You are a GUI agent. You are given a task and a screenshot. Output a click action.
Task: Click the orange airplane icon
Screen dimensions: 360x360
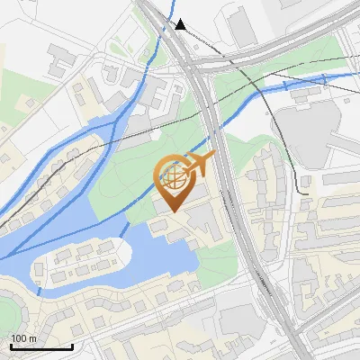tap(199, 165)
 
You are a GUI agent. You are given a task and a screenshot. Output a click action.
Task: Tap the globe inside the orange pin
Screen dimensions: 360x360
tap(172, 176)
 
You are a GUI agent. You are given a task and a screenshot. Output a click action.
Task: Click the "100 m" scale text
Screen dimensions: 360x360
tap(24, 337)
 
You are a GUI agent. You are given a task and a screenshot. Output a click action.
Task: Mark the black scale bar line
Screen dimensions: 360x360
tap(41, 346)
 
